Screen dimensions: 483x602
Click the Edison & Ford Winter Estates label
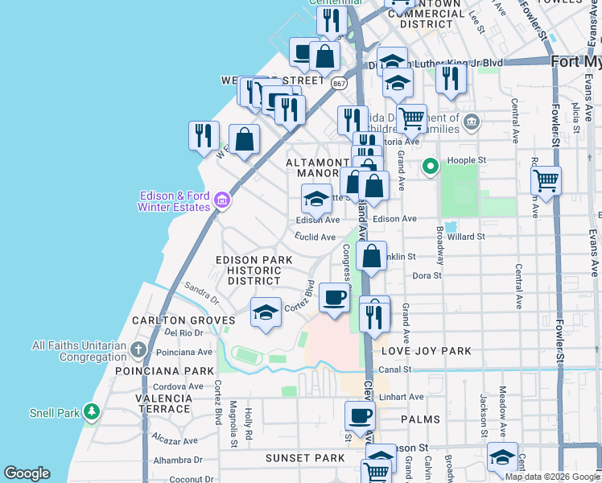tap(175, 201)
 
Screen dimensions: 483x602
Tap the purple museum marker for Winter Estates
tap(223, 200)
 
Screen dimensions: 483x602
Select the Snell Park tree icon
tap(92, 413)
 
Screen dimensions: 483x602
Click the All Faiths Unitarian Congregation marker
tap(139, 350)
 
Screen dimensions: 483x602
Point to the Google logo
tap(27, 473)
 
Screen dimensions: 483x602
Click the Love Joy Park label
tap(417, 351)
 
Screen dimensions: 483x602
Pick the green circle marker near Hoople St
tap(431, 167)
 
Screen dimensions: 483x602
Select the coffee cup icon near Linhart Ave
tap(360, 415)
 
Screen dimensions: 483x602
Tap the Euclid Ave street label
tap(315, 237)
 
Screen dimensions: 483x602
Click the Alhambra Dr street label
tap(179, 460)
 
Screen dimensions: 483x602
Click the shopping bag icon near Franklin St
tap(371, 258)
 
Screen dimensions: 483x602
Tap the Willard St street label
tap(467, 237)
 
